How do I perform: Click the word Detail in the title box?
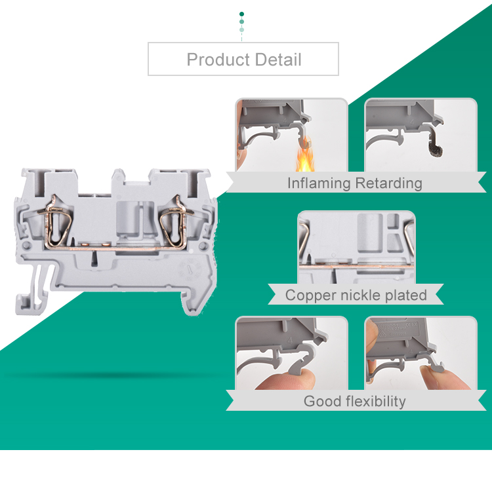[x=278, y=60]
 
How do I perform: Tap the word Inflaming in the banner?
[x=319, y=183]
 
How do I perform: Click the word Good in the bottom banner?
[x=322, y=401]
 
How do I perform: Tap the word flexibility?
[x=376, y=402]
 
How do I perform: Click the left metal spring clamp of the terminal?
[x=56, y=223]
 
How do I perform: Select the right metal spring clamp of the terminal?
[x=176, y=223]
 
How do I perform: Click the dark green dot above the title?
[x=241, y=14]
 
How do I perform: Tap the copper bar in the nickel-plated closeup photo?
[x=356, y=267]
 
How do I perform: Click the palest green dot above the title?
[x=241, y=30]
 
